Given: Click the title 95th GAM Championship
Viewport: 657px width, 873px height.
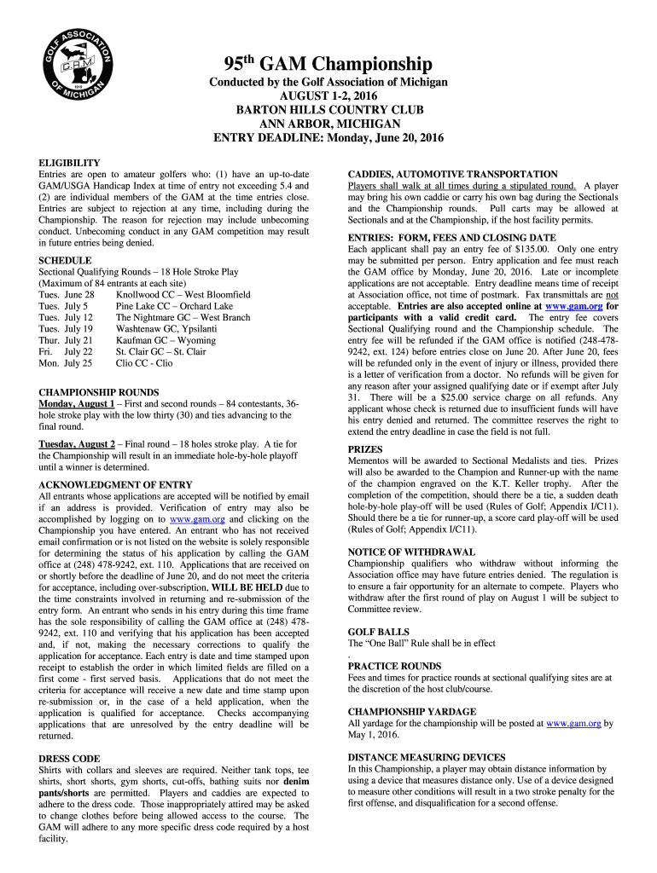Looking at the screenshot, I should (328, 64).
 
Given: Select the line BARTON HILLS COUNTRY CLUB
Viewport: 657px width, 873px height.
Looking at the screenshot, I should (328, 110).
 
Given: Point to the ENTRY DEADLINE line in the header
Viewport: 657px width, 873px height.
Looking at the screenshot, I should (328, 138).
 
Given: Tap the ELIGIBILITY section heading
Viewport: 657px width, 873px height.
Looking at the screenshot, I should (69, 163).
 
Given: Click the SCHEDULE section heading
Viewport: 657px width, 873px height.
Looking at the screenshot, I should (65, 260).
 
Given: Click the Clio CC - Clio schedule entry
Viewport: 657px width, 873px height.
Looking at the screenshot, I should (144, 362).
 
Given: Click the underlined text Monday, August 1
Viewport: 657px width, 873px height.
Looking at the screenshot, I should (77, 403).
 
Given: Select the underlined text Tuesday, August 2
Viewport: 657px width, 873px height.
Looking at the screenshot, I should (77, 444).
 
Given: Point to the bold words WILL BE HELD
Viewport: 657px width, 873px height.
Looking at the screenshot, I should (248, 587).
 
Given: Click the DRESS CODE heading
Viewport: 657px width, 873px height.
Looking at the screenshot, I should (69, 758).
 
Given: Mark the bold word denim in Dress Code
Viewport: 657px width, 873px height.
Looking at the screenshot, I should (295, 781).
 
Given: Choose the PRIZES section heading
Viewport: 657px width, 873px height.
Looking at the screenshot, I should (365, 448).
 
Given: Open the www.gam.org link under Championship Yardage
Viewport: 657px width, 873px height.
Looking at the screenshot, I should (573, 723).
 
